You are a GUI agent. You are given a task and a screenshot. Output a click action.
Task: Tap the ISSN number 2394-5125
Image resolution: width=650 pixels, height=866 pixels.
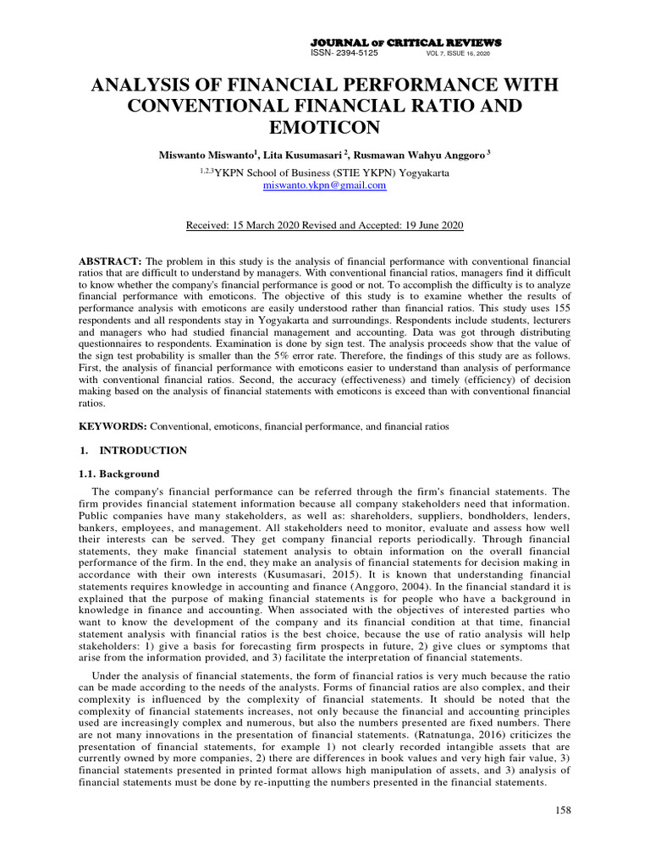[x=355, y=52]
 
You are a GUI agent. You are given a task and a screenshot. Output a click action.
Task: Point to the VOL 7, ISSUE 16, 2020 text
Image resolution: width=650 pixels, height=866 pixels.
[x=458, y=53]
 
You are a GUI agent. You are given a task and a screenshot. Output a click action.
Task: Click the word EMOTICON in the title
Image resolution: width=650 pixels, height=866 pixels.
[x=325, y=127]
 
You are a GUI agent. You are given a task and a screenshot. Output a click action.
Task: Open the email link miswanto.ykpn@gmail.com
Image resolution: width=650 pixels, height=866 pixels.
[x=325, y=184]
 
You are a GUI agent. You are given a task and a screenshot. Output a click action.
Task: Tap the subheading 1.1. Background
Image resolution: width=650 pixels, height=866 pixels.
[x=118, y=474]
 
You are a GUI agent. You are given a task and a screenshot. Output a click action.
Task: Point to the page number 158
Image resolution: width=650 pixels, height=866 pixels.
[x=563, y=810]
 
